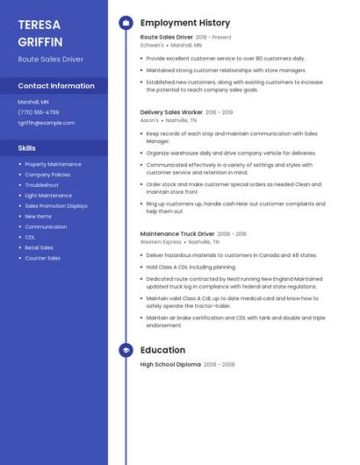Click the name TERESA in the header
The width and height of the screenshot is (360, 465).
tap(39, 25)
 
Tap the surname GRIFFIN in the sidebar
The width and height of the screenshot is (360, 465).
tap(40, 41)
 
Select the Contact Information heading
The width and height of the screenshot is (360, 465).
tap(56, 86)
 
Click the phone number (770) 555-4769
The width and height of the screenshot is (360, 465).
tap(39, 112)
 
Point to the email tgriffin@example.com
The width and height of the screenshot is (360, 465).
tap(47, 123)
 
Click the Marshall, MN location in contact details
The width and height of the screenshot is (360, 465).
tap(33, 102)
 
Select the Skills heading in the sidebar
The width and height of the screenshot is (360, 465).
tap(27, 148)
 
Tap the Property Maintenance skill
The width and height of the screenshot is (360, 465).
tap(53, 164)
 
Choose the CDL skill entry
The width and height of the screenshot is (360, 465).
tap(30, 237)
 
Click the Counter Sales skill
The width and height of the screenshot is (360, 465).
tap(42, 258)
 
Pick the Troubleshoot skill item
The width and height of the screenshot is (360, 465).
tap(41, 185)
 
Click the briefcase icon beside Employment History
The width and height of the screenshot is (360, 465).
tap(126, 23)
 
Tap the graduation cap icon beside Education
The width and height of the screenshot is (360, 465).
tap(126, 350)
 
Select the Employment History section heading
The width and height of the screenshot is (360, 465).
tap(185, 23)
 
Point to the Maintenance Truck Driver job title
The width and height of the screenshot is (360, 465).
tap(176, 234)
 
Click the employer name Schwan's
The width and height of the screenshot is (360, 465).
tap(151, 45)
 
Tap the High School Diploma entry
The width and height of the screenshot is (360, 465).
tap(170, 364)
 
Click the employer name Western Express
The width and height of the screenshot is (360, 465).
tap(161, 241)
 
